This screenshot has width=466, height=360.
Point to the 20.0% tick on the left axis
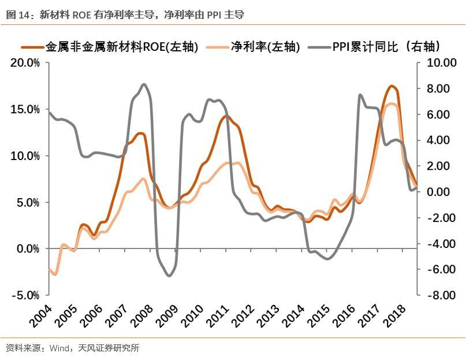tap(25, 63)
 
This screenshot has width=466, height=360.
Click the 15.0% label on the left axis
tap(25, 109)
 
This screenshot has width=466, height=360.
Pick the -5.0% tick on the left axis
tap(25, 295)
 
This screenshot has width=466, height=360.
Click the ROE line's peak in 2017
tap(391, 86)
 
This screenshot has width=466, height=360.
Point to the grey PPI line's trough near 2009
tap(169, 276)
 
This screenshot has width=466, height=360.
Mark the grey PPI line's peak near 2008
tap(143, 84)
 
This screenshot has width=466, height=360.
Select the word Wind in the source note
tap(59, 348)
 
